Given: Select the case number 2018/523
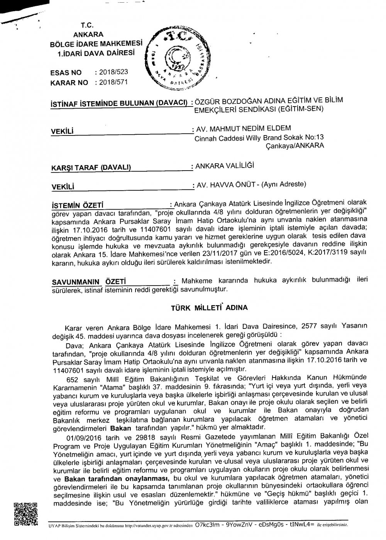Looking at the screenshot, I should [x=113, y=72].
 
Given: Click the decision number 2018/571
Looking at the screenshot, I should [x=113, y=82].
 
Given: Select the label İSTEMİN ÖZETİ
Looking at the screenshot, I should [x=79, y=205].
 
